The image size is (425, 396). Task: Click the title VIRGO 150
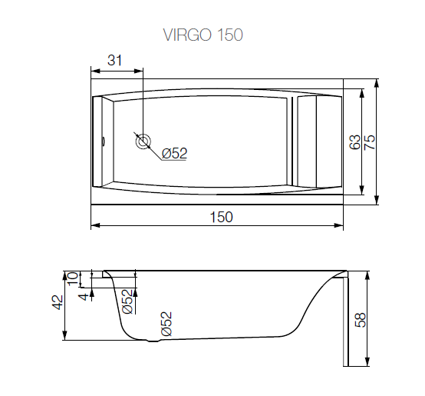203,35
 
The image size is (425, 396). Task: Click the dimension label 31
114,60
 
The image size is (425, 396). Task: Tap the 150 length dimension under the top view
221,217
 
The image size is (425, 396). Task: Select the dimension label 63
354,141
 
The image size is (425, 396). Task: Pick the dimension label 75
370,141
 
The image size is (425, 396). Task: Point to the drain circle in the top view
143,141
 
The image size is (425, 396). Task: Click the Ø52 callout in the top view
175,154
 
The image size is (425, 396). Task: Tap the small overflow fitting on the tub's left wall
104,141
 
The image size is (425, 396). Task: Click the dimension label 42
58,302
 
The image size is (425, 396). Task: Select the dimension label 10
73,278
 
